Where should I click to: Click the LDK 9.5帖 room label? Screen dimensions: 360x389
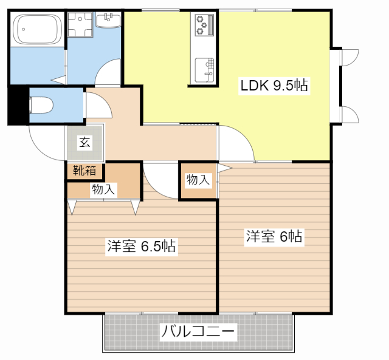(x=274, y=86)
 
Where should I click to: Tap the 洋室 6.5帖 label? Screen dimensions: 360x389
(x=141, y=246)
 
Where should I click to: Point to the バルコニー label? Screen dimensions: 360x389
(x=198, y=332)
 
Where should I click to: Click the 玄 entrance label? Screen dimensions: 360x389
(x=84, y=143)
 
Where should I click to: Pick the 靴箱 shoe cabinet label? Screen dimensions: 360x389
(x=84, y=171)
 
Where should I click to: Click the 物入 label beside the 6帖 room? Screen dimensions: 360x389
(x=198, y=180)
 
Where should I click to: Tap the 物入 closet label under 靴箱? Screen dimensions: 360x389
(x=103, y=189)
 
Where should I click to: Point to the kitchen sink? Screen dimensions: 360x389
(x=203, y=69)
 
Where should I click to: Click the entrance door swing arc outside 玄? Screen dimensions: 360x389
(x=44, y=144)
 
